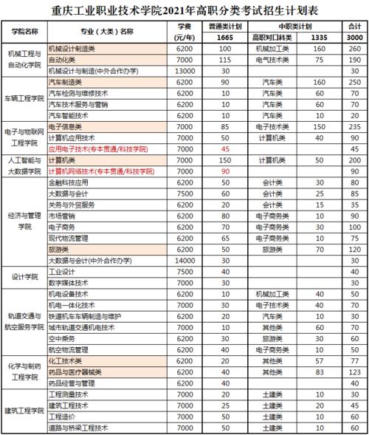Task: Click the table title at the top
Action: [x=184, y=11]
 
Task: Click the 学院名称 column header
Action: [x=25, y=32]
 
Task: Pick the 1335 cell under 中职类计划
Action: [x=319, y=38]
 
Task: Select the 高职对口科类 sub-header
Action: [x=273, y=38]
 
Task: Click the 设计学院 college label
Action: [x=24, y=277]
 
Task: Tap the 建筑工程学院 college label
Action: [x=24, y=411]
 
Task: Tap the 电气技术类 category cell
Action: [x=272, y=59]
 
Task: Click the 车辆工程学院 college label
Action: [x=24, y=99]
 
